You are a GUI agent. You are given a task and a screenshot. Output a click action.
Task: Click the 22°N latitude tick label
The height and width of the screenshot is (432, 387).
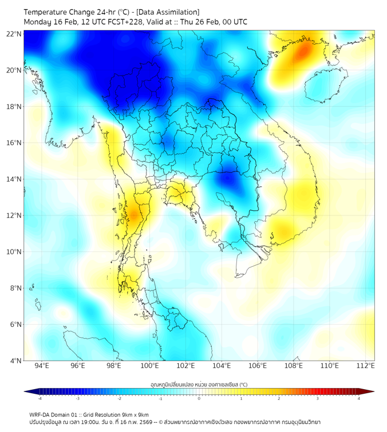coord(14,34)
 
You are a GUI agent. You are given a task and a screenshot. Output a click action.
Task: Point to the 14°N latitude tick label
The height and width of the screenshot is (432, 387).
coord(14,179)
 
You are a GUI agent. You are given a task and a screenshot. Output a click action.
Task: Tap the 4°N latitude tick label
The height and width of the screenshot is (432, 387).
coord(16,361)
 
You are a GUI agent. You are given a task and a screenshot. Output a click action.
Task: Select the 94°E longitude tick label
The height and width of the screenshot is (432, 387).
coord(42,366)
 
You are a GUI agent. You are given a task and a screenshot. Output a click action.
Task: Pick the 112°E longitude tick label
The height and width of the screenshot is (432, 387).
coord(365,366)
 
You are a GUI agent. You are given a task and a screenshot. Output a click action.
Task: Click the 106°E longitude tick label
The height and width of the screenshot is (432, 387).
coord(258,366)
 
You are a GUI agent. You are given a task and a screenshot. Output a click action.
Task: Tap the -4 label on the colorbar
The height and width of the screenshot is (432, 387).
coord(39,399)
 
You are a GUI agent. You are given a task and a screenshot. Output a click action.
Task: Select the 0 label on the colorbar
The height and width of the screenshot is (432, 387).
coord(199,399)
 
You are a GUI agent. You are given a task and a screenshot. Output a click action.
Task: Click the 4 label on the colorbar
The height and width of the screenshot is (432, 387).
coord(359,399)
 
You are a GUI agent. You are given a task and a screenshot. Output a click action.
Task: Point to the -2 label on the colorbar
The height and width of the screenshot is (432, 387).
coord(119,399)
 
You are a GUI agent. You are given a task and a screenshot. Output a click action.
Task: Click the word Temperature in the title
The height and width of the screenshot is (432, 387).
coord(48,12)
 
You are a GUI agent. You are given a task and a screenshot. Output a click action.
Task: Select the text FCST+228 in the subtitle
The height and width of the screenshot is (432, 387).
coord(122,22)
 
